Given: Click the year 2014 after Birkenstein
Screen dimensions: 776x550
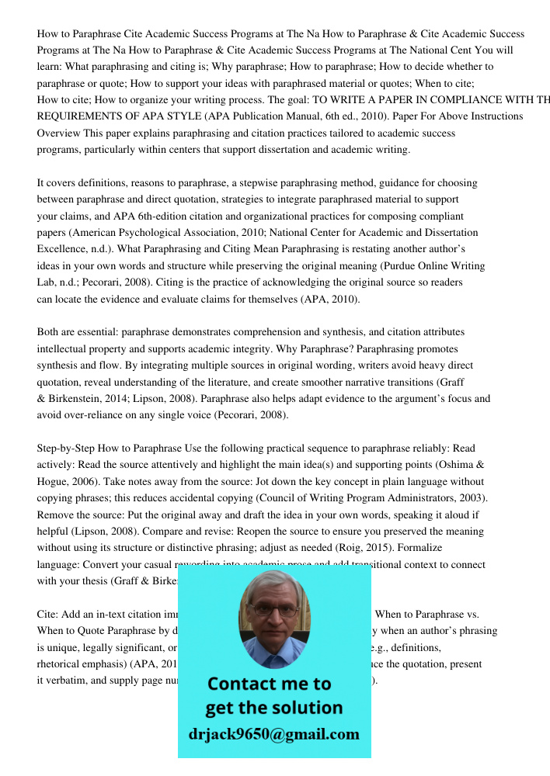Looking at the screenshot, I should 132,399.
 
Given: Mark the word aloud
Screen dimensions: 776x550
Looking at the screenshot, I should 457,514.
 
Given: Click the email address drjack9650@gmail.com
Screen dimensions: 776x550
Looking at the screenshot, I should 274,734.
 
